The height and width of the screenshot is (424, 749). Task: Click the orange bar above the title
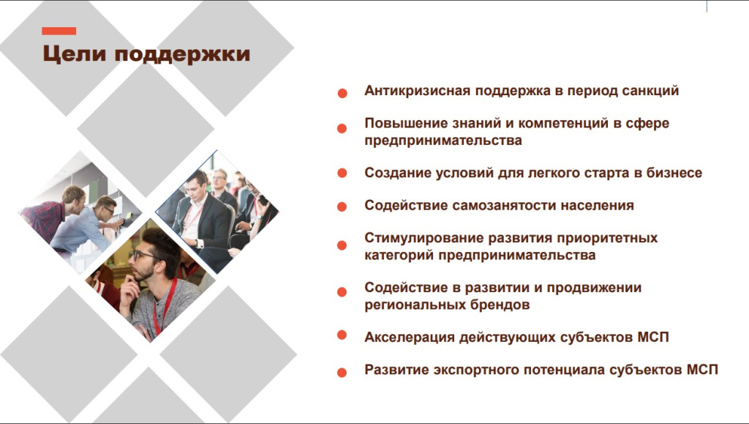pos(59,31)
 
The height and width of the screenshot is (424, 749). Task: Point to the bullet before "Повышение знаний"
pos(342,128)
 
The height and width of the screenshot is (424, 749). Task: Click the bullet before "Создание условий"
pos(342,173)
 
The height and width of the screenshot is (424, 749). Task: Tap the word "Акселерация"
pos(410,338)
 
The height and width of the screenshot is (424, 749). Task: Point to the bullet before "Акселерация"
pos(342,335)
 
